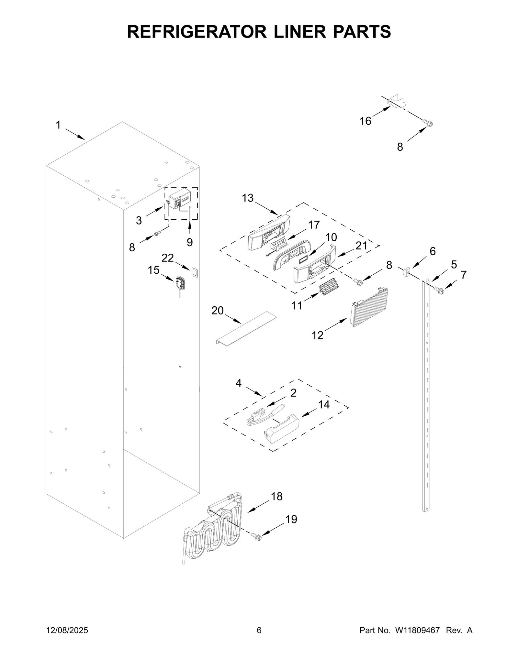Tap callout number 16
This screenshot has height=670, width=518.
(x=366, y=121)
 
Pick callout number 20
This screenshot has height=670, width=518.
(x=218, y=311)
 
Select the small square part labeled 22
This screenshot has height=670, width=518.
(x=194, y=272)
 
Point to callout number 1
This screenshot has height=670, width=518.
(x=58, y=125)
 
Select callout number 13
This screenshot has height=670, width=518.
(x=248, y=198)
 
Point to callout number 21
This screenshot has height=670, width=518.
(x=361, y=246)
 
